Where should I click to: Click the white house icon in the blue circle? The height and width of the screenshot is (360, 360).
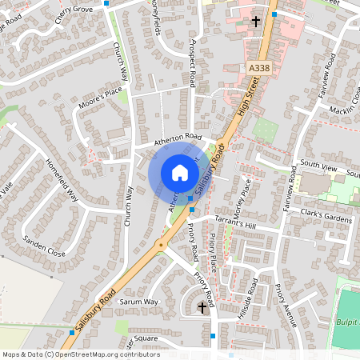tap(180, 173)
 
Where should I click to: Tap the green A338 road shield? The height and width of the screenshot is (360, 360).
tap(258, 70)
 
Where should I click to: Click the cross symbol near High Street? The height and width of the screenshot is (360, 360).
tap(256, 22)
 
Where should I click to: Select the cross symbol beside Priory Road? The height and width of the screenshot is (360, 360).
tap(202, 306)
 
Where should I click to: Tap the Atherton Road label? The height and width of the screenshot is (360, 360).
tap(182, 138)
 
